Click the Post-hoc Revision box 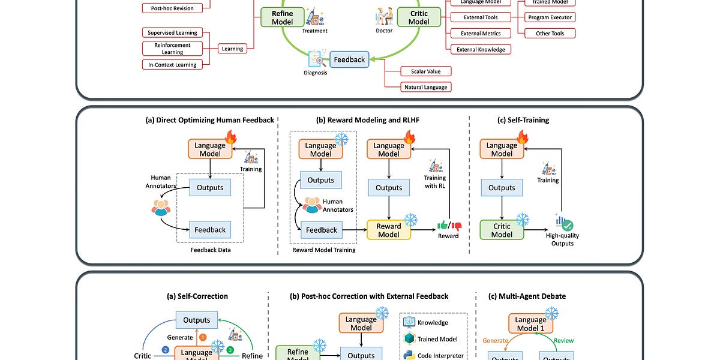172,8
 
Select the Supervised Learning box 173,32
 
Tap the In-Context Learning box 173,64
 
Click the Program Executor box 550,18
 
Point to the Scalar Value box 426,71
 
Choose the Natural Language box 426,87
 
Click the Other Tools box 550,34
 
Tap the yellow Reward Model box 389,230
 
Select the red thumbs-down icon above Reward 457,226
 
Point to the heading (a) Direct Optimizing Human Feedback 205,120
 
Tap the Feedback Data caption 210,250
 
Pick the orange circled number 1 203,337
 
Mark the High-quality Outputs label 562,239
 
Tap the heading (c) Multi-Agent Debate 527,296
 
